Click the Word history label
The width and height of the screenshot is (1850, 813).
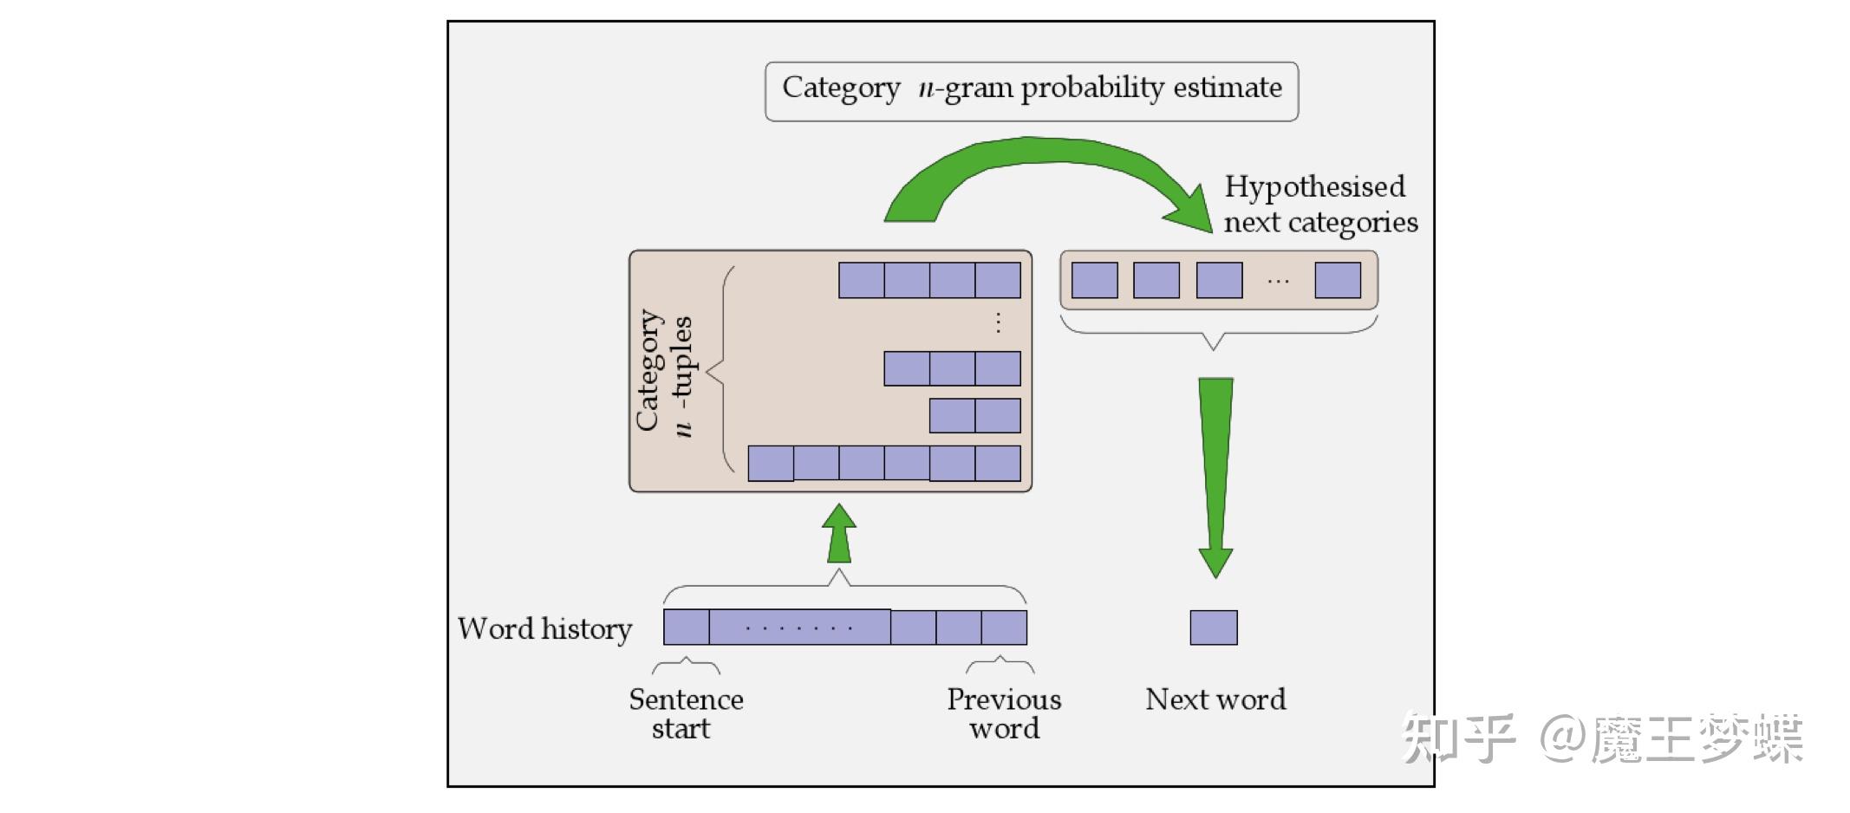coord(545,628)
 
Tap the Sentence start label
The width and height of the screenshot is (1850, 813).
coord(685,713)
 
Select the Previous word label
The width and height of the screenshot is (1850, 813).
coord(1004,713)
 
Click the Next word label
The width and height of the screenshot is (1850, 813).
coord(1215,699)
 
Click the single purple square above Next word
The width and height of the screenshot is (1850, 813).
coord(1213,628)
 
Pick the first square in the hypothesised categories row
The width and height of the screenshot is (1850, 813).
coord(1094,281)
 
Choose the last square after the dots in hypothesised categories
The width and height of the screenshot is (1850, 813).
coord(1337,281)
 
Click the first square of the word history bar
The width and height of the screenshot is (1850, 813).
coord(686,628)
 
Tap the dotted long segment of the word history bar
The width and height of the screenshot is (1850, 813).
coord(799,628)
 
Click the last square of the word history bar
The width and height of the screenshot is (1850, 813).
coord(1004,628)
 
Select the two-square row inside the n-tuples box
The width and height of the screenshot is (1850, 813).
coord(974,416)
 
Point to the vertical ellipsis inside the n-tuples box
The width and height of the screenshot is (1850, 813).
coord(998,323)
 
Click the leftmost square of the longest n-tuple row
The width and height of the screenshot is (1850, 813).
coord(771,464)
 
